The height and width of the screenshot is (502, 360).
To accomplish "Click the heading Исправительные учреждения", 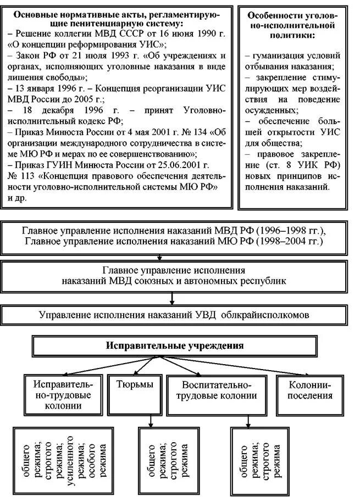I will pyautogui.click(x=174, y=347).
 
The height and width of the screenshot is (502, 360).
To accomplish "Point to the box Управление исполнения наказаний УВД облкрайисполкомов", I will pyautogui.click(x=176, y=315).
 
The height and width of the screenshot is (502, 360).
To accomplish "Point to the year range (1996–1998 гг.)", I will pyautogui.click(x=285, y=230).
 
